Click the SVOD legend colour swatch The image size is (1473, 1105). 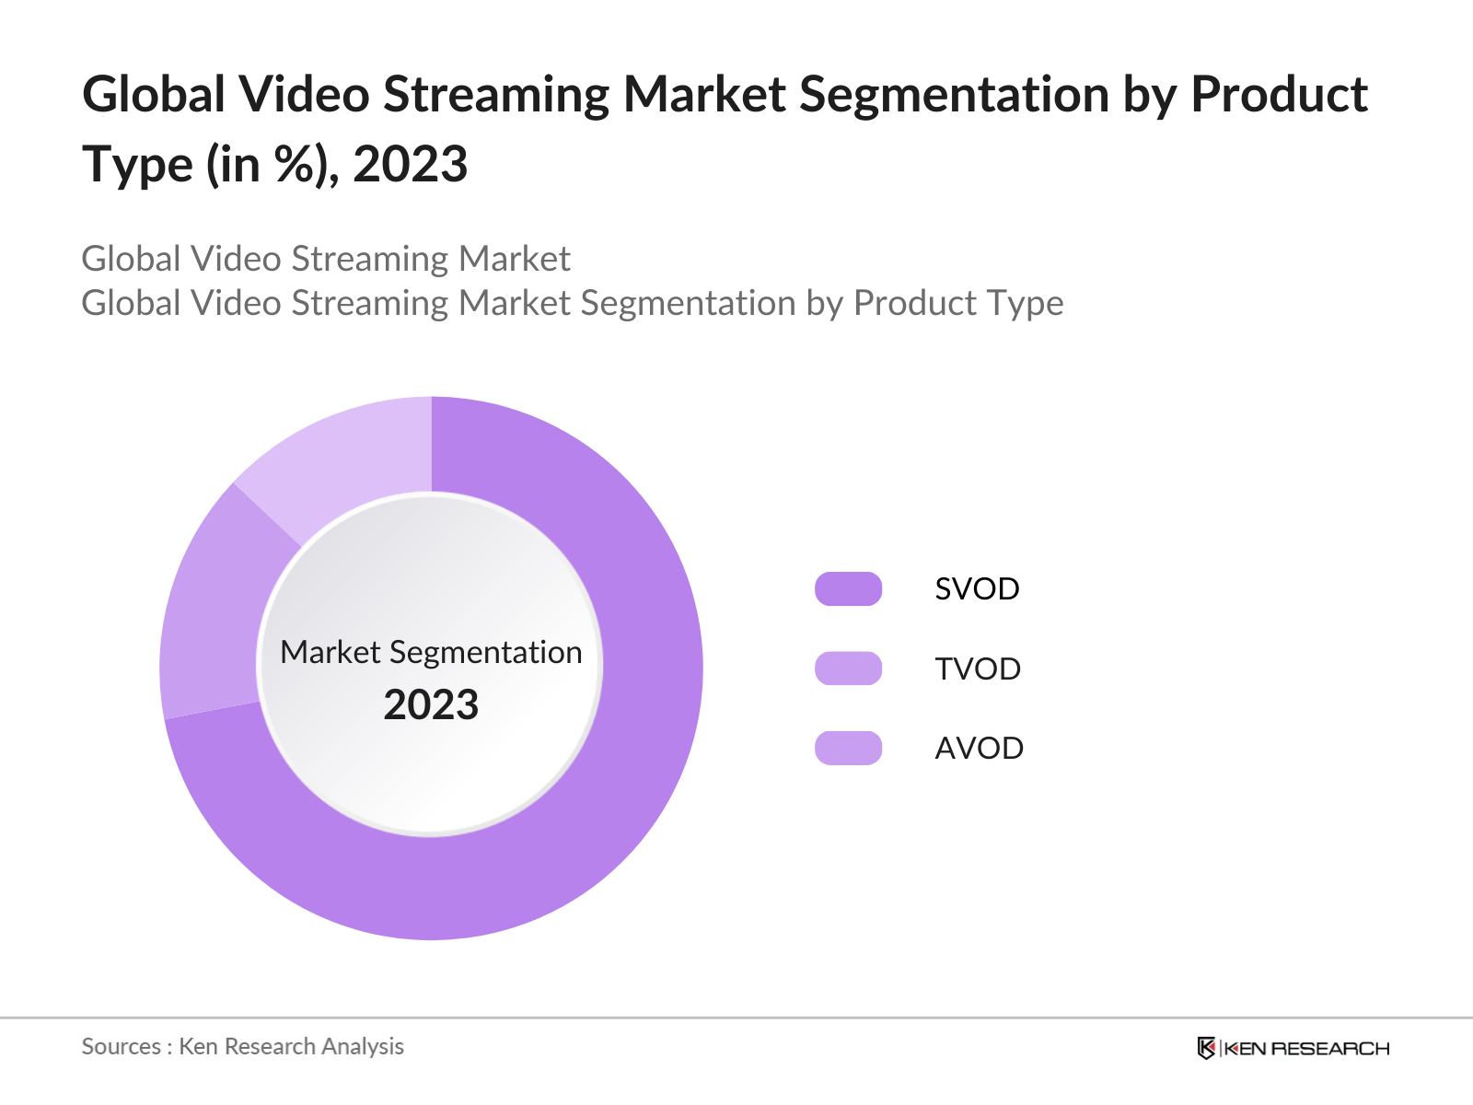coord(848,588)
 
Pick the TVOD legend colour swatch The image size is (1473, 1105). coord(848,669)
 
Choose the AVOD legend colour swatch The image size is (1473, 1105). coord(848,748)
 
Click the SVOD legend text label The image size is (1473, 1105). coord(977,589)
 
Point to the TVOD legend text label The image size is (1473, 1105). coord(978,669)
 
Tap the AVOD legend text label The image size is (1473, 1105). coord(979,749)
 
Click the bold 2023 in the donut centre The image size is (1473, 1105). coord(431,705)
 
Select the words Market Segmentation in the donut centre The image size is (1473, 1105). coord(431,652)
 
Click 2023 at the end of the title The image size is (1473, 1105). coord(411,165)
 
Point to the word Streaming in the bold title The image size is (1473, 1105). coord(495,95)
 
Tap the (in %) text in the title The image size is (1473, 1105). coord(267,166)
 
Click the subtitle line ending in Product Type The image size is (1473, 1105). coord(572,303)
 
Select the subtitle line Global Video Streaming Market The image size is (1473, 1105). coord(326,259)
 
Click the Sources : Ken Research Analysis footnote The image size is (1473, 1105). coord(242,1046)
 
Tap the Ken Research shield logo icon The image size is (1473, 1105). coord(1206,1048)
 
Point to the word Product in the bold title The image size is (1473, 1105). coord(1280,95)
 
